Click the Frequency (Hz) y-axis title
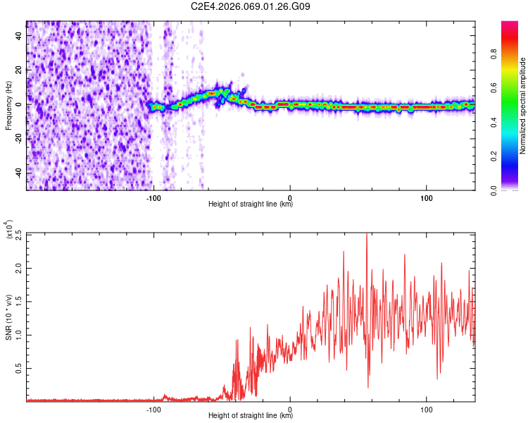coord(9,105)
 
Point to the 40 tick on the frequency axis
coord(19,37)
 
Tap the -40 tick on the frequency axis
coord(19,172)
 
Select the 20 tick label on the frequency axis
coord(19,70)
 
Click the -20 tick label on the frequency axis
coord(19,138)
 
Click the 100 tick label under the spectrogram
coord(426,197)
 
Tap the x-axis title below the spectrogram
coord(251,204)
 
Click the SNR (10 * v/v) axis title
coord(9,317)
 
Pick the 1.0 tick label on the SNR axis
coord(19,335)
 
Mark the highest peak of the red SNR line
coord(366,235)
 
